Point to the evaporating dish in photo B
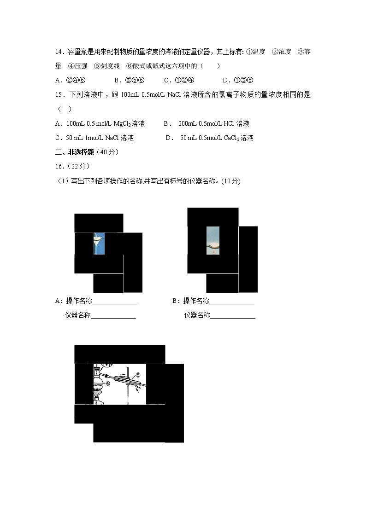coord(213,246)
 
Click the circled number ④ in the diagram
coord(107,383)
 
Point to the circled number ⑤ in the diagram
coord(138,375)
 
